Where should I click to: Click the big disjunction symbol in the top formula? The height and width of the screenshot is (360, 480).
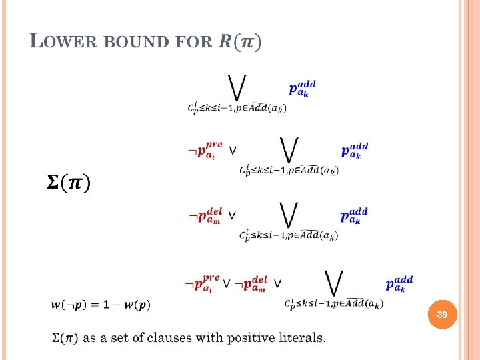[237, 87]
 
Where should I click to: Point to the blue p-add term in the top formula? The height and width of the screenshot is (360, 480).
[302, 88]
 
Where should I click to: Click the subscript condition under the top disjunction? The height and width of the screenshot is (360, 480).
[237, 108]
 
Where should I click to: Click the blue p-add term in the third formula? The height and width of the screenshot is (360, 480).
[355, 215]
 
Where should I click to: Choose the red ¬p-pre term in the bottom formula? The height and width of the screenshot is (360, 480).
[203, 282]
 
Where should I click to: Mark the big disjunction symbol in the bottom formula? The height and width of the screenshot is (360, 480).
[333, 283]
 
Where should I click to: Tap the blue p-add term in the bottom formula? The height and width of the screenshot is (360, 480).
[399, 283]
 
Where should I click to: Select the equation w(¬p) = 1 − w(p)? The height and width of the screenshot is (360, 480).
[101, 305]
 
